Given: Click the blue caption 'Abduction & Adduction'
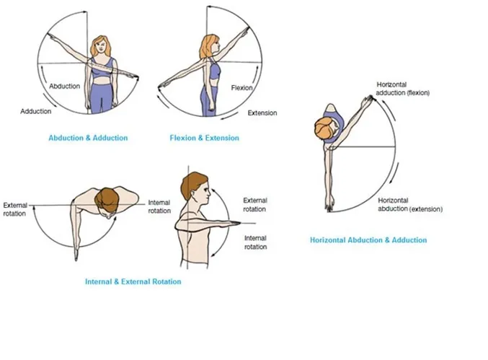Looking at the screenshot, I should [88, 138].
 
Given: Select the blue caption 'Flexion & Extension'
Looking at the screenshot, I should [204, 138].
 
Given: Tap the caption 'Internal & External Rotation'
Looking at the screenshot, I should [133, 281].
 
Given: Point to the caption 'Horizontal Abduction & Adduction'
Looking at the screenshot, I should [368, 240].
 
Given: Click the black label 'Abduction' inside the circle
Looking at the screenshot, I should [65, 86].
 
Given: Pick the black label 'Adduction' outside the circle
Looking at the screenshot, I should [36, 111].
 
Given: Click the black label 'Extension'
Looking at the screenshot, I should [262, 113].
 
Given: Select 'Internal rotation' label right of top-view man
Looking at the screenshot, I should [159, 206].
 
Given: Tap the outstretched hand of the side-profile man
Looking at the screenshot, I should [236, 224].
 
